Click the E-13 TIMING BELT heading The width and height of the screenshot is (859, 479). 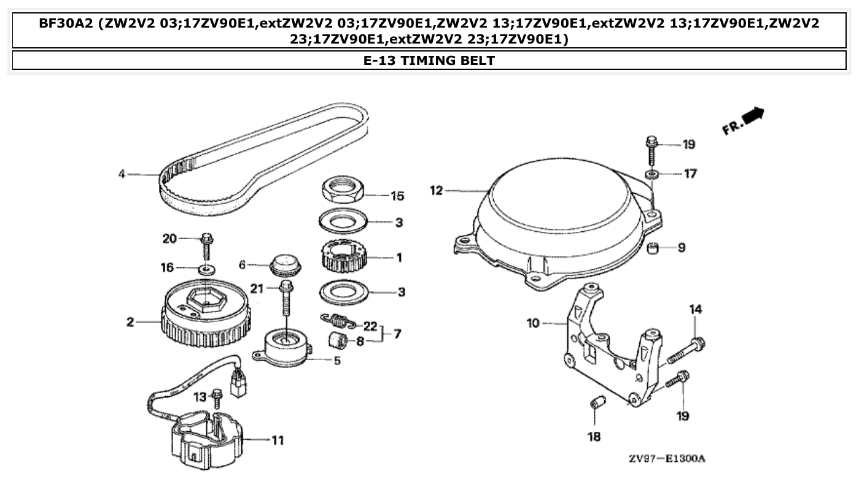point(429,60)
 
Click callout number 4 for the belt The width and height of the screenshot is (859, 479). point(122,174)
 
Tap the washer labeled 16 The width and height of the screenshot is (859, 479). point(207,269)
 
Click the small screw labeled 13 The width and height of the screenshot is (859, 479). point(216,399)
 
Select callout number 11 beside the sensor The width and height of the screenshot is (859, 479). point(277,440)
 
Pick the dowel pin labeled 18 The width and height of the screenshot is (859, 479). point(595,405)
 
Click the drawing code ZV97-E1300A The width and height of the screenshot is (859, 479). point(666,459)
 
